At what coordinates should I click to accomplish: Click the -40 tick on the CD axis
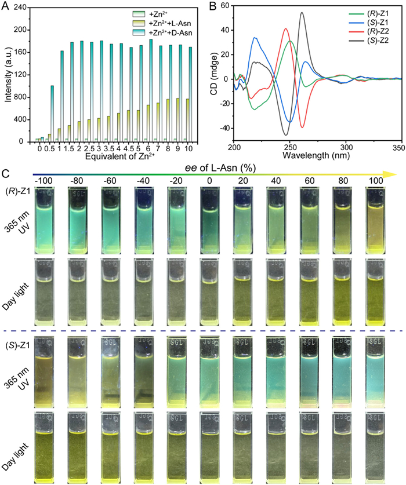225,128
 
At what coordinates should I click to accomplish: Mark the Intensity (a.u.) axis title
8,74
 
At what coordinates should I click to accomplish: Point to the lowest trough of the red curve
303,127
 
